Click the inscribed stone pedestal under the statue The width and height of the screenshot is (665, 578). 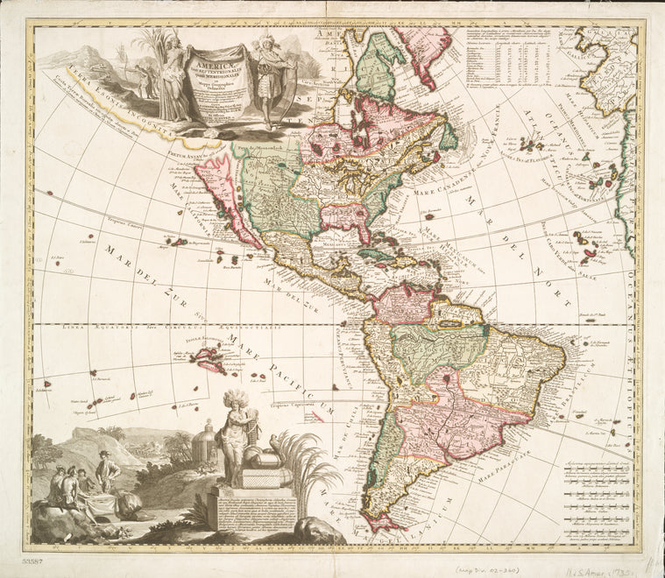(248, 512)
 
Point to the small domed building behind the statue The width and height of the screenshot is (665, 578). (203, 441)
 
